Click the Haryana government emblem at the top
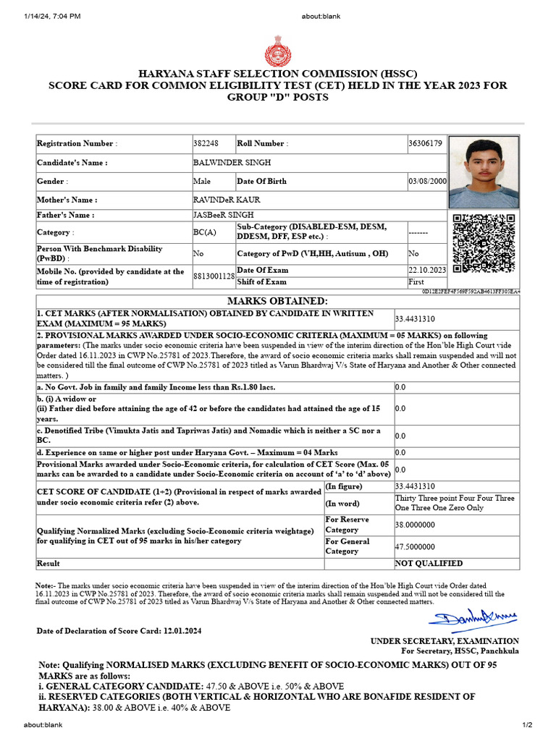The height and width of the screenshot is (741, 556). [x=277, y=53]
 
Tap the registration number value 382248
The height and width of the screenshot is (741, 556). [x=206, y=143]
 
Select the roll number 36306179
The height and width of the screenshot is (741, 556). [x=425, y=143]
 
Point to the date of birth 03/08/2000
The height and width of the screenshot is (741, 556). [x=428, y=182]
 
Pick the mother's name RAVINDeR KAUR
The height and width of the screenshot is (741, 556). [x=227, y=200]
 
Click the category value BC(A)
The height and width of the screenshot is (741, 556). [x=204, y=232]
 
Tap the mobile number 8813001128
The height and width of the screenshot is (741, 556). [x=214, y=276]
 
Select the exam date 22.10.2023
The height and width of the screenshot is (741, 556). [x=427, y=270]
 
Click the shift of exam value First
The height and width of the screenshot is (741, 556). [x=416, y=282]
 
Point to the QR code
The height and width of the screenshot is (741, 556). [x=484, y=244]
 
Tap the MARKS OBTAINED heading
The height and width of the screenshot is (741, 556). [x=277, y=301]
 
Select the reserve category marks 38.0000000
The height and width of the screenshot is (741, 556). [x=415, y=525]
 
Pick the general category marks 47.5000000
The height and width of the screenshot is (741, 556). [x=415, y=546]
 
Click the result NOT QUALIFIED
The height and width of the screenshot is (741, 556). [x=429, y=563]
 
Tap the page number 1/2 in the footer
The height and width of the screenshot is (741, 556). [x=527, y=725]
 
